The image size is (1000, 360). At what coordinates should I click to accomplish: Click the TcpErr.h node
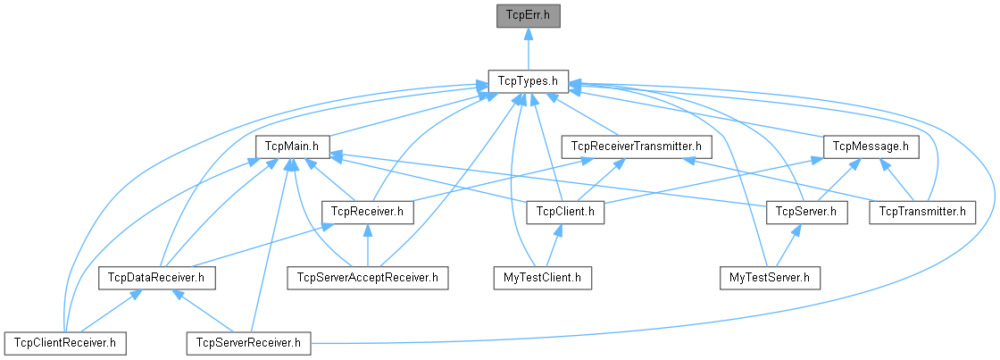[529, 15]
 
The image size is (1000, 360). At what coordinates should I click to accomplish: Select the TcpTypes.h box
[529, 81]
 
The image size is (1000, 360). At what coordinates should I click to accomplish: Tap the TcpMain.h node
[293, 146]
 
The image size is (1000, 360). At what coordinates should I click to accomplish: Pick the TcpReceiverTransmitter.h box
[636, 146]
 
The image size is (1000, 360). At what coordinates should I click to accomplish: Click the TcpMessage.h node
[870, 146]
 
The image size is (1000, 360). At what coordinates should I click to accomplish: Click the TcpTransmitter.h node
[922, 212]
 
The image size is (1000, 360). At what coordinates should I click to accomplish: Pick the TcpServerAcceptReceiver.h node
[366, 278]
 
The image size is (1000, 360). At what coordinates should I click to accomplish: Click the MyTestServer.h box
[770, 278]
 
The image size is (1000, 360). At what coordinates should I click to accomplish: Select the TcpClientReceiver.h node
[64, 342]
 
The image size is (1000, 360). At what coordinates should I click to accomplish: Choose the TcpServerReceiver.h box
[248, 342]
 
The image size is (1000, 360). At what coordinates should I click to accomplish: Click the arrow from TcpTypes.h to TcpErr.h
[529, 48]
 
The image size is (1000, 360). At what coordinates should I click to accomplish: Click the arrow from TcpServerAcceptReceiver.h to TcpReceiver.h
[367, 245]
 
